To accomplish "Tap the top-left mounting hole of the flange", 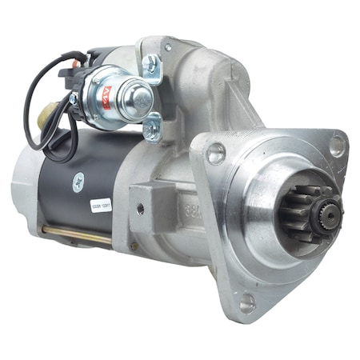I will click(216, 154).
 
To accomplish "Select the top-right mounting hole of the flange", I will click(337, 146).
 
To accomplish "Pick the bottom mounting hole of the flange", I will click(246, 302).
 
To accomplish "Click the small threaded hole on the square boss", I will click(140, 210).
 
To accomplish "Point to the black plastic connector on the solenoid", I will click(77, 74).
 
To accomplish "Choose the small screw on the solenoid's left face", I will click(74, 98).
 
